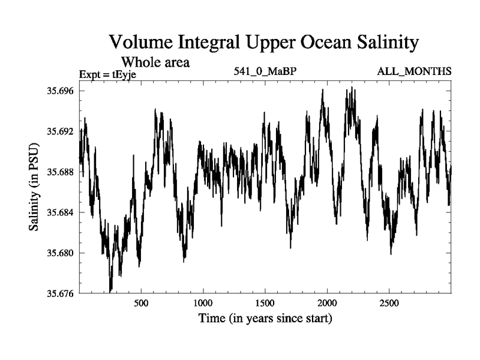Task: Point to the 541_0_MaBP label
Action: point(265,72)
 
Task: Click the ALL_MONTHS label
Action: point(414,72)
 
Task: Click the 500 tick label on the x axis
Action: point(141,304)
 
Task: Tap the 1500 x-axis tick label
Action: point(265,304)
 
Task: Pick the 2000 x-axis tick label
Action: point(327,304)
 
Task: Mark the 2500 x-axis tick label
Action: point(389,304)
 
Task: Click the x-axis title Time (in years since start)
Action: point(265,318)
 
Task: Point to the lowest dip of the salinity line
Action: point(110,290)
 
